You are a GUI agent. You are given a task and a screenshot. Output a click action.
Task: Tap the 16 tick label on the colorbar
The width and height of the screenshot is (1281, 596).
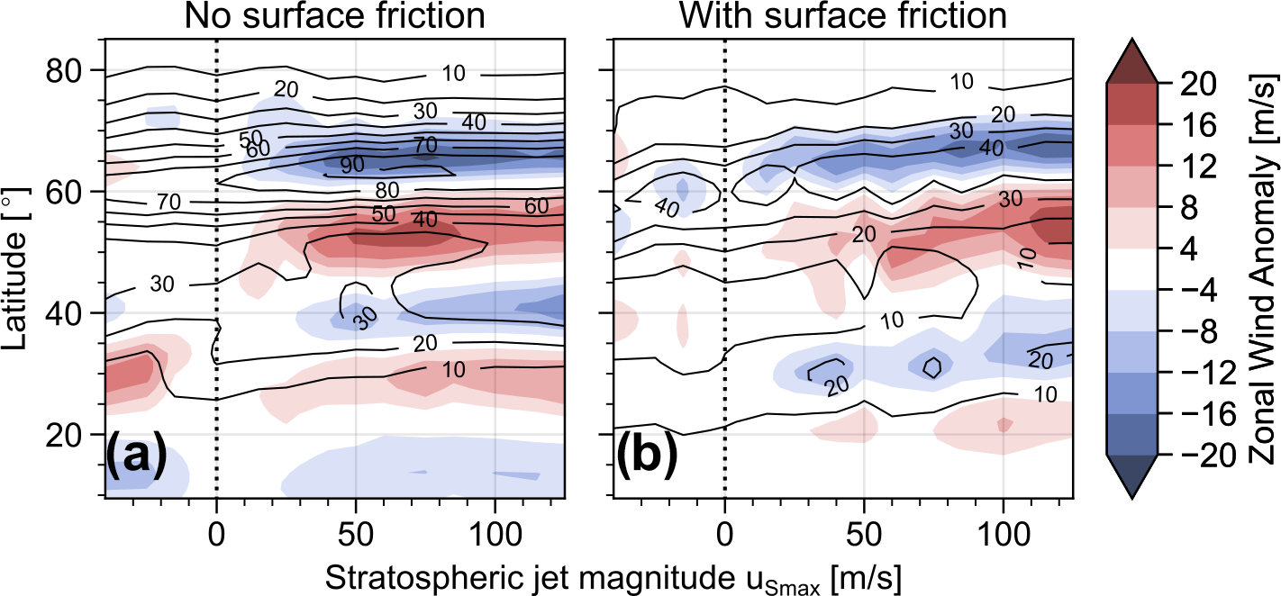(x=1189, y=124)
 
